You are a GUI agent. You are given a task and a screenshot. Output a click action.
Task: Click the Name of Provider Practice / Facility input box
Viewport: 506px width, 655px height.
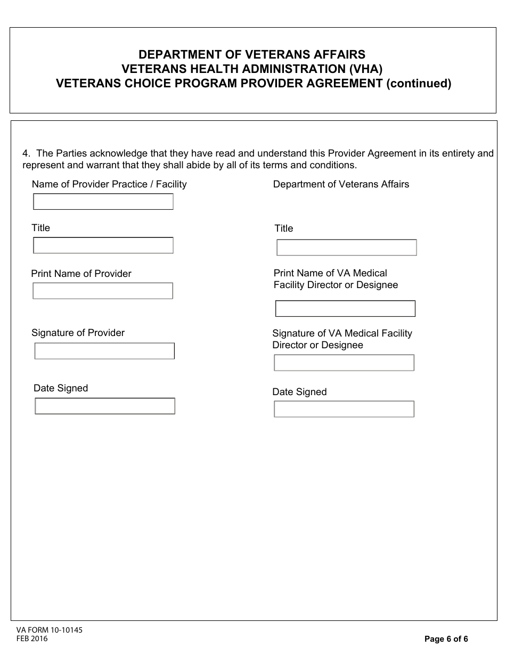click(x=103, y=202)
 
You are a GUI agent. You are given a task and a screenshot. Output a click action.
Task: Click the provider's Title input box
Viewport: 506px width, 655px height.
click(x=103, y=245)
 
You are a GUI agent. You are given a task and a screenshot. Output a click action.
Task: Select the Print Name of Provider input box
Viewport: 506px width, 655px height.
click(x=103, y=291)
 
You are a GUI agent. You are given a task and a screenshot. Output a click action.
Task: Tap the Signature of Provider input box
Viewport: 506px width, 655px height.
click(x=104, y=351)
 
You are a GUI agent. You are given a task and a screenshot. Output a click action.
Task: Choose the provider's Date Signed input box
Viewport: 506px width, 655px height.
click(x=105, y=406)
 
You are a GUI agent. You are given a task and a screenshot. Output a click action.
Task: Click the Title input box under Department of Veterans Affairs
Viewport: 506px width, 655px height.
click(x=346, y=248)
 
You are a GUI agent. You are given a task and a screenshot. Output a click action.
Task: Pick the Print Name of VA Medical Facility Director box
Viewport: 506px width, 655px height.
click(x=345, y=309)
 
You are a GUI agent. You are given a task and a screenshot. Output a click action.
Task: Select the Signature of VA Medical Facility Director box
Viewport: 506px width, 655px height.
click(x=344, y=363)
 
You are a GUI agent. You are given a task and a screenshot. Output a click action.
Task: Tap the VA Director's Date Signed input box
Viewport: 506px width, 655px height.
click(x=344, y=409)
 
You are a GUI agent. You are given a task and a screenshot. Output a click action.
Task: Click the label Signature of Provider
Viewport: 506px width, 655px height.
click(x=78, y=333)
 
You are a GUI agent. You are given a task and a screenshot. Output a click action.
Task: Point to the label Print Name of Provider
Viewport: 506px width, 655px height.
click(x=81, y=274)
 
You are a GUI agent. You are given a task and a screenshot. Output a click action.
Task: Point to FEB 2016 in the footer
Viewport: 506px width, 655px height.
click(x=32, y=639)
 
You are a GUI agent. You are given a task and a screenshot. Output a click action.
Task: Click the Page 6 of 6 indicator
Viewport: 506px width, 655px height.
click(x=446, y=639)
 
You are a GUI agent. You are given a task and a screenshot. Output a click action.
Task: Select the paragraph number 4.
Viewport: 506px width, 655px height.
click(x=26, y=153)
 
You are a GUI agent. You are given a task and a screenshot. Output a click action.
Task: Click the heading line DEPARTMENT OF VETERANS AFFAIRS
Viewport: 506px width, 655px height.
click(x=252, y=55)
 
